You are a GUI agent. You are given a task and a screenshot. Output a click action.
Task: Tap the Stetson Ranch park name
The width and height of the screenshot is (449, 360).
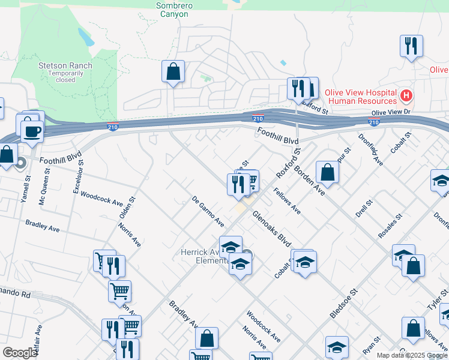[x=65, y=65]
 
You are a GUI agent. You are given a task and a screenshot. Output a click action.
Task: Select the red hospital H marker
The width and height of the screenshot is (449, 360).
[x=407, y=95]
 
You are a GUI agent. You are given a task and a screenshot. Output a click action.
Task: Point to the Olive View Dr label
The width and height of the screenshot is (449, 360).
[x=390, y=112]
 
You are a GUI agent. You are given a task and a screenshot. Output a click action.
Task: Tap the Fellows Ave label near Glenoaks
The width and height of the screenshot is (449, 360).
[x=287, y=202]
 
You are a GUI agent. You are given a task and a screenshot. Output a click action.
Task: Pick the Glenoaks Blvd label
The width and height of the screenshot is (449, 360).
[x=271, y=228]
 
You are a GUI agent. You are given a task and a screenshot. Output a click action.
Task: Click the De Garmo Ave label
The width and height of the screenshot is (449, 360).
[x=208, y=211]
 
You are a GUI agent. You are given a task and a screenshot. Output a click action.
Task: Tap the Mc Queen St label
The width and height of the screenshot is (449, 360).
[x=44, y=187]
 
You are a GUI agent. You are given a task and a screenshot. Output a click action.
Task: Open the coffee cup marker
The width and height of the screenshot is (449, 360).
[x=32, y=131]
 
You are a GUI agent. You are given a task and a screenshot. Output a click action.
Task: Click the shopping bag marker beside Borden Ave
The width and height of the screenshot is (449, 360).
[x=328, y=172]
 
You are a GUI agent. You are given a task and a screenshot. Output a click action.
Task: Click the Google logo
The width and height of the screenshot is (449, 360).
[x=20, y=353]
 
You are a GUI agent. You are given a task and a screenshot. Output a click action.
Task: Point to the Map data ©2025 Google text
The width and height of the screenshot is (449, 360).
[x=411, y=355]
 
